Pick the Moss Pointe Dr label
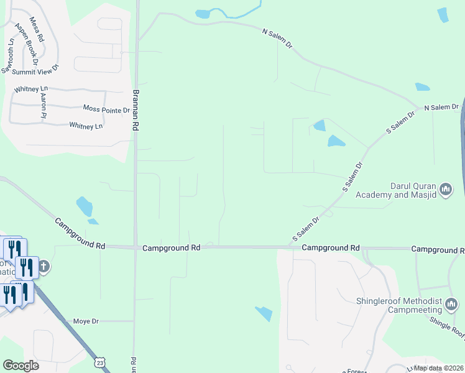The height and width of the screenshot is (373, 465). (106, 109)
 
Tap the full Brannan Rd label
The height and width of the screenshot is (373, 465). (135, 109)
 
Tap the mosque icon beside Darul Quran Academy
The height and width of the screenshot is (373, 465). (445, 188)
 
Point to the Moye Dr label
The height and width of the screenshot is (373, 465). (86, 321)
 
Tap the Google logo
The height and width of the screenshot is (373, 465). (21, 366)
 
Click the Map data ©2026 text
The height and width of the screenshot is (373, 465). (438, 368)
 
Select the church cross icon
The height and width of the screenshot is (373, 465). (44, 268)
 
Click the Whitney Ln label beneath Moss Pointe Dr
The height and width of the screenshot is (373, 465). (86, 126)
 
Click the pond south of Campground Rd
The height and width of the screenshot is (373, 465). (264, 314)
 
